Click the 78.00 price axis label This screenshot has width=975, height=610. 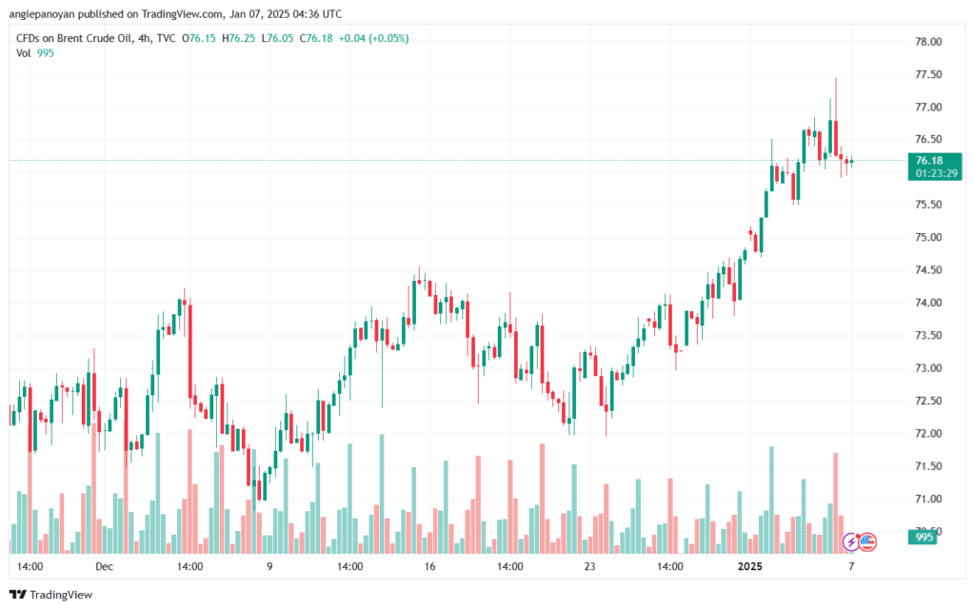[x=927, y=42]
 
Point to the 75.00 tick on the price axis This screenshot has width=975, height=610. [x=927, y=238]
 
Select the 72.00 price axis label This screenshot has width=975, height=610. [x=927, y=434]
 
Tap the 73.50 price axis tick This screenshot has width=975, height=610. [x=927, y=336]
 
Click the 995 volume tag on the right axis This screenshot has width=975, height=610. [x=925, y=538]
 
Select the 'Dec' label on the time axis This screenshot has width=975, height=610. [x=104, y=566]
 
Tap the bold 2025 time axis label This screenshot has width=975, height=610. [x=751, y=566]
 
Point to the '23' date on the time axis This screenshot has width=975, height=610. [x=590, y=566]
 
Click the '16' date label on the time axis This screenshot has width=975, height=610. [x=429, y=566]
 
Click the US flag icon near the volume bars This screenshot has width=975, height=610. [x=867, y=542]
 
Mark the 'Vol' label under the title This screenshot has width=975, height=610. [x=24, y=53]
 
